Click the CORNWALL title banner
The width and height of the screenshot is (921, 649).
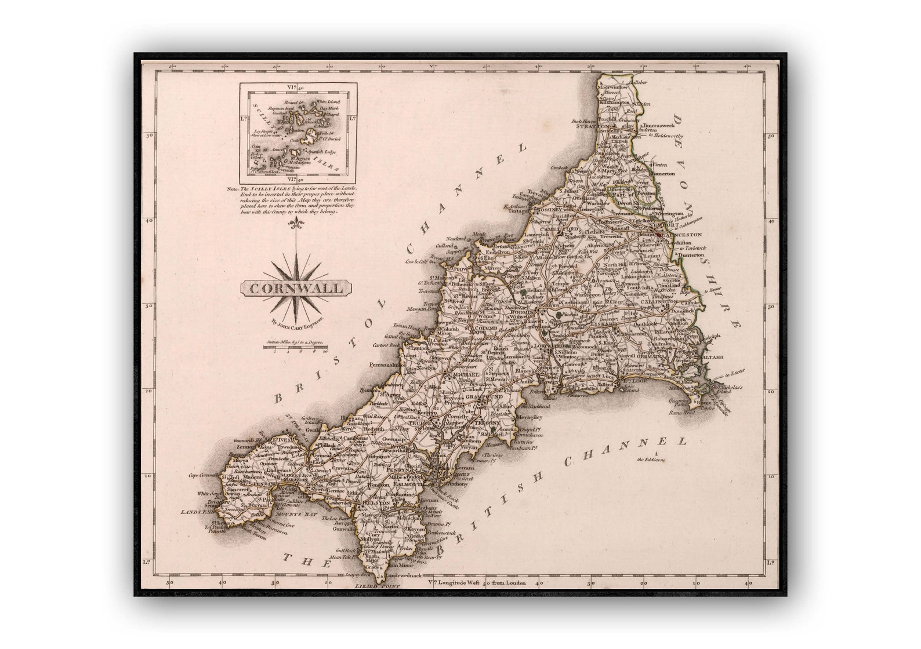tap(296, 287)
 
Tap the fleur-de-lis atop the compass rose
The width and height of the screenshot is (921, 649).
tap(298, 224)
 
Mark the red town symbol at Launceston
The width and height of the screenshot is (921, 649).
tap(659, 233)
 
